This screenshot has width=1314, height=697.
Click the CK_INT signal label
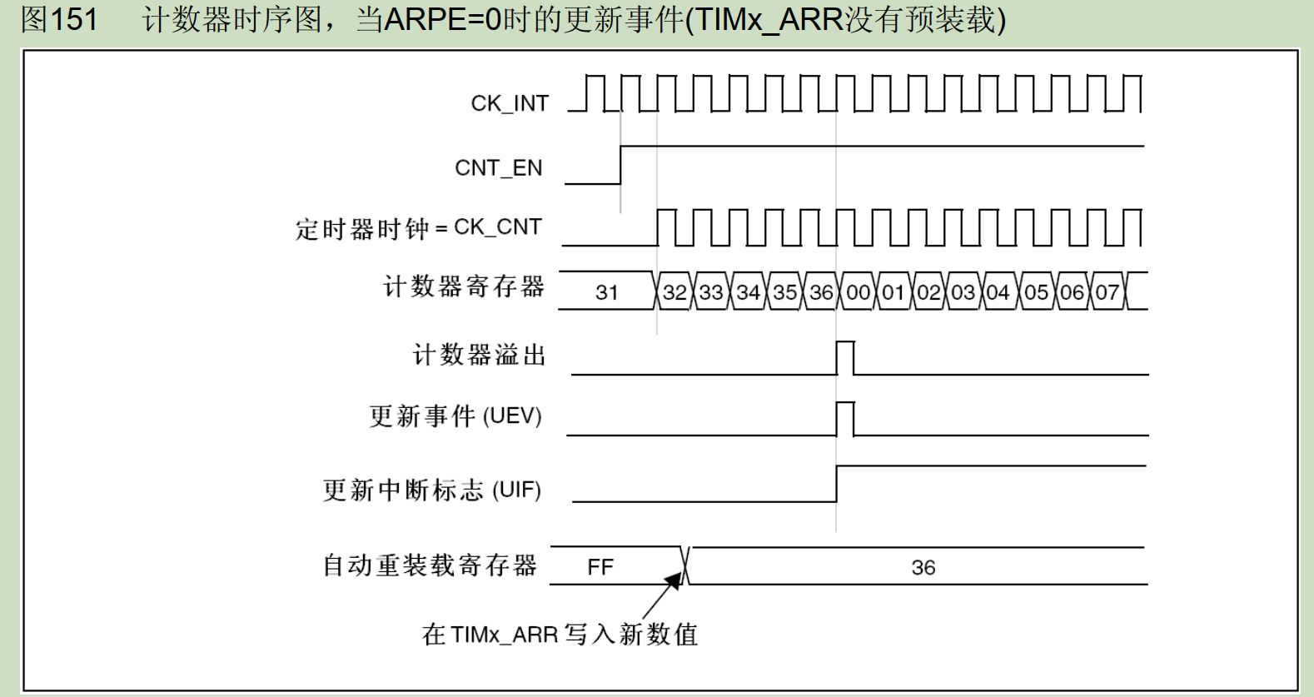510,103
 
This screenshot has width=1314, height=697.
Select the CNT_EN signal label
499,168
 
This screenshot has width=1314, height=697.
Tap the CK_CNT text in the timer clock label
497,227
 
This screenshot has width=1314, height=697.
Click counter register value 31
606,292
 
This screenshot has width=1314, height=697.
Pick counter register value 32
674,292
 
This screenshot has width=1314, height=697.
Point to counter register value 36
822,292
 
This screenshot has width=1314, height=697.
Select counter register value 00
859,292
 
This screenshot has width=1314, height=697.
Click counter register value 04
998,292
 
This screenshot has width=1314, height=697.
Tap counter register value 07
1107,292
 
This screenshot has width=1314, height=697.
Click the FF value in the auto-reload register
600,567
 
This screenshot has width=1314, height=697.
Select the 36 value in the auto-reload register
923,567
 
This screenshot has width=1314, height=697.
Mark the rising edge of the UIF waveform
837,484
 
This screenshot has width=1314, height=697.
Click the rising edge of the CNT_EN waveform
620,165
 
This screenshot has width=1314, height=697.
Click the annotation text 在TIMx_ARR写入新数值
560,635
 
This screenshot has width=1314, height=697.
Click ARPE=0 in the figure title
443,19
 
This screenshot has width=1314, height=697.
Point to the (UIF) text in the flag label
516,490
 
